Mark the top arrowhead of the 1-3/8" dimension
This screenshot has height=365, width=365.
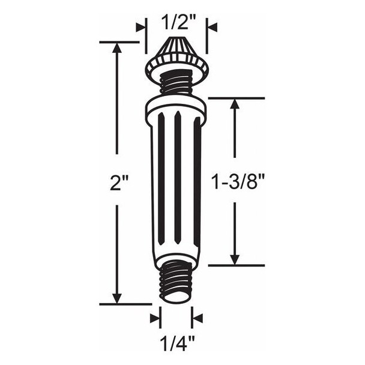coord(235,103)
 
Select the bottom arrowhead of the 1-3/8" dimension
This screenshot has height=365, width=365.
coord(235,259)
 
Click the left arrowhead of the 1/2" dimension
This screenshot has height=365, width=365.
coord(141,27)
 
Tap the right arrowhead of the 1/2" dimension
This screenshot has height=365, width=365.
coord(212,27)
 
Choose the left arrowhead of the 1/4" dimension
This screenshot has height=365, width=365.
coord(155,318)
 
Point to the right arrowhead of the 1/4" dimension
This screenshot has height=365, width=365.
coord(197,318)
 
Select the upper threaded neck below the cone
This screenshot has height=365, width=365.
coord(176,82)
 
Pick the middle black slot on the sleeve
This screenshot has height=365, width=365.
coord(178,174)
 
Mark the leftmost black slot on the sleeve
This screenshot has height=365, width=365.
coord(161,174)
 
